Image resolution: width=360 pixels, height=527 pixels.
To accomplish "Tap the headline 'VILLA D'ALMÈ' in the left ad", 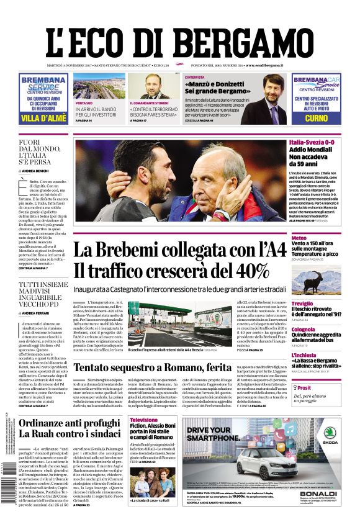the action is tap(43, 118).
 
